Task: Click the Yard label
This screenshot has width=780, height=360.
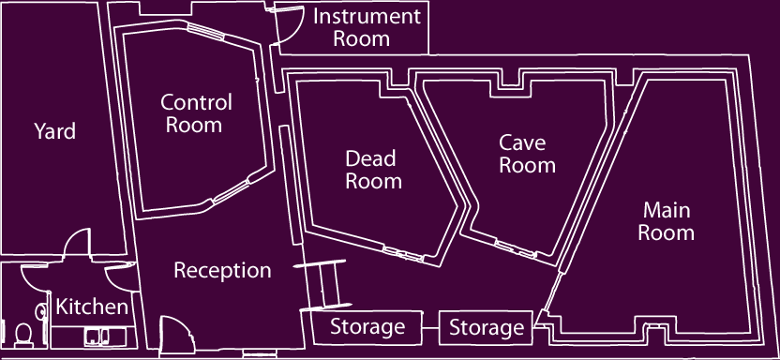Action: [55, 131]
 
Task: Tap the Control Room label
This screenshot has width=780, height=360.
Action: [196, 112]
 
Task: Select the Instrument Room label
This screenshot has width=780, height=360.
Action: [367, 27]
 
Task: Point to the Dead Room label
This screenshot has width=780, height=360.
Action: [373, 170]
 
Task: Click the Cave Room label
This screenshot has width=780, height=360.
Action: [527, 155]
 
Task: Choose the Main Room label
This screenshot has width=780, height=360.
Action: [667, 220]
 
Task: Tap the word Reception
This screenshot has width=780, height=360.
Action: [222, 271]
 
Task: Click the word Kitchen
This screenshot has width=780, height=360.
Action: [91, 307]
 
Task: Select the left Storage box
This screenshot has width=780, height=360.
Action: [367, 327]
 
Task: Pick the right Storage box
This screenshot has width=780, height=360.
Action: [486, 328]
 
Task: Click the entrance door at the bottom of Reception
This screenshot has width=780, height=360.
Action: [174, 334]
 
